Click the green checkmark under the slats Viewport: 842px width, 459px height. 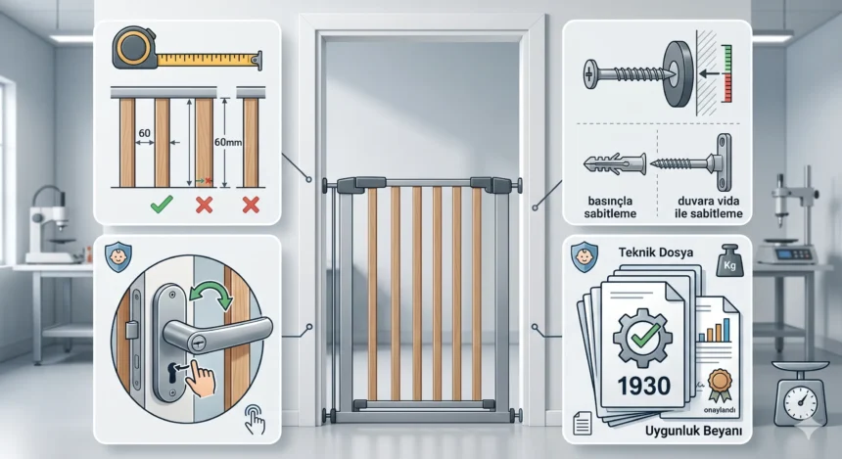coord(162,204)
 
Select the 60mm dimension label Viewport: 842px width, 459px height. coord(228,142)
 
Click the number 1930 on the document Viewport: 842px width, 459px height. coord(644,386)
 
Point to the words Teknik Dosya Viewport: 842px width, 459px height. coord(656,252)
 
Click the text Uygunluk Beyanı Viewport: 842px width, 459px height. coord(694,431)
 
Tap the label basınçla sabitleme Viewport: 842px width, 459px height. coord(610,207)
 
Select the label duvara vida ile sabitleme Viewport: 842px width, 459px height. coord(708,207)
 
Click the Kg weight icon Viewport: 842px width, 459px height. coord(729,261)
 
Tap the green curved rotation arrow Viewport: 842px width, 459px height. coord(212,295)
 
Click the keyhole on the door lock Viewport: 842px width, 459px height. coord(173,373)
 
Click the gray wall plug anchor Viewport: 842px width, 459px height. coord(614,163)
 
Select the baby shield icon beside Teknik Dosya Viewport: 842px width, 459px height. coord(585,256)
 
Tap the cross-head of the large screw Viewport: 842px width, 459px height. coord(590,73)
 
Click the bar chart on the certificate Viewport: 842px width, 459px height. coord(714,330)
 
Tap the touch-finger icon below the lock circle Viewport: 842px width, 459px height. coord(255,419)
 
